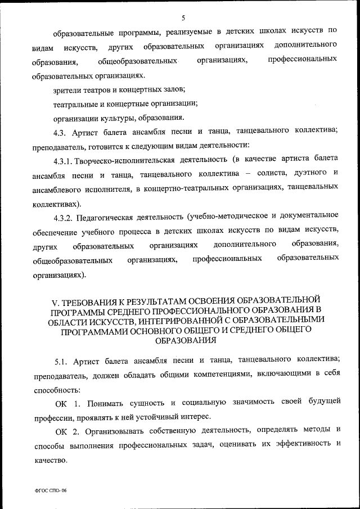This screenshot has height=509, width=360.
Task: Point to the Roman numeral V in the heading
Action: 47,299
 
